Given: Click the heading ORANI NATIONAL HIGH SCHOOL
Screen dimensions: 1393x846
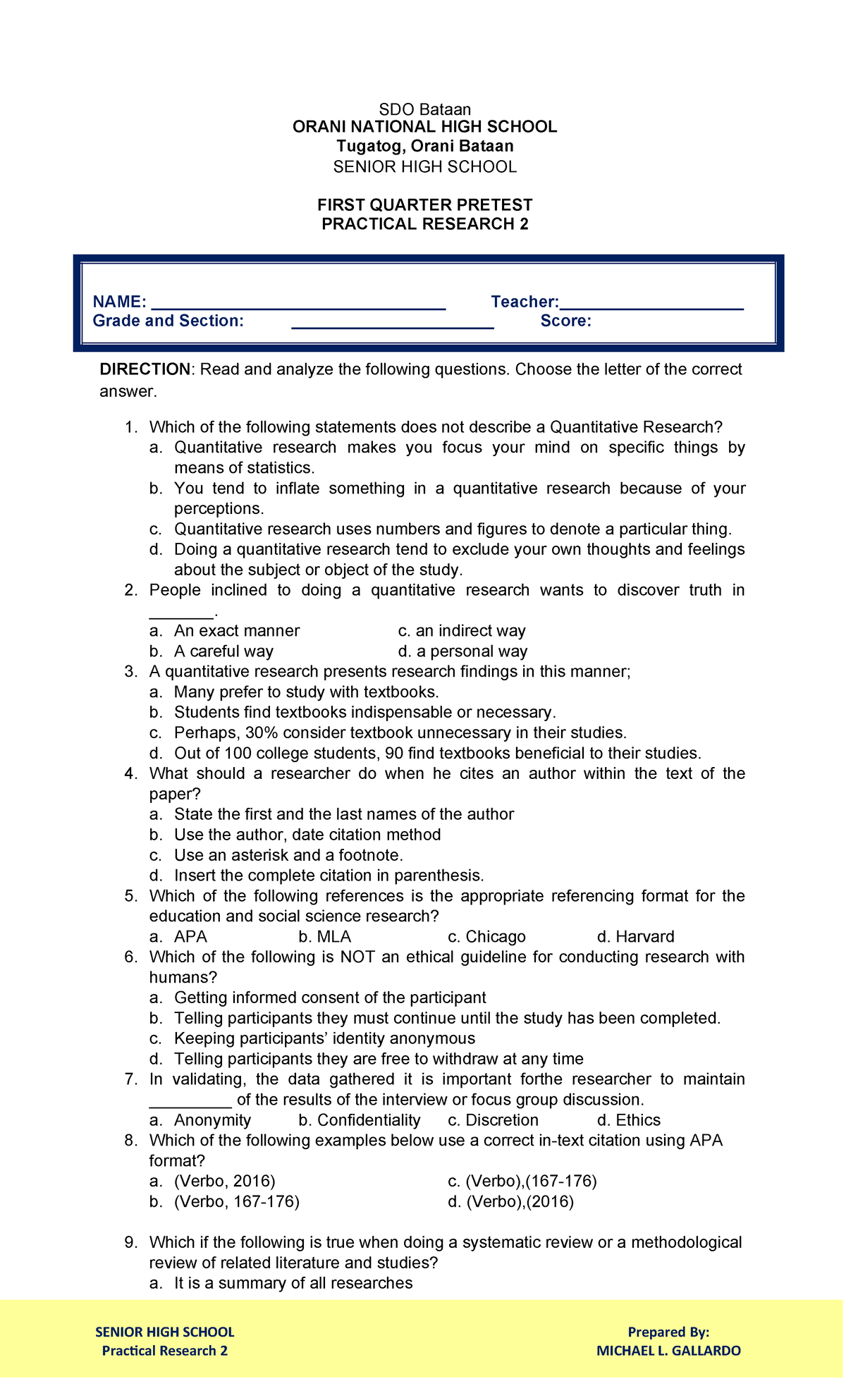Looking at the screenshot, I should [x=424, y=127].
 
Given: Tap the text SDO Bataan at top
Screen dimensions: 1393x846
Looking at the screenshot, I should [x=424, y=109].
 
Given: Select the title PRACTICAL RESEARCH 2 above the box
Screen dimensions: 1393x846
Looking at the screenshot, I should [x=424, y=224].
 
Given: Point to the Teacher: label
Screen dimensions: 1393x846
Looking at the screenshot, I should [x=525, y=302].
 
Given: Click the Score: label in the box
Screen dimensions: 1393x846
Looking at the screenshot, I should [x=565, y=321].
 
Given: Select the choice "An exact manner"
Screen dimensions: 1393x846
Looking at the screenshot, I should [x=236, y=631].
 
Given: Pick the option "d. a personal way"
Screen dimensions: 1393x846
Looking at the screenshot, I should [x=462, y=651].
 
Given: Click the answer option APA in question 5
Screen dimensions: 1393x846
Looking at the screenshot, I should [x=190, y=937].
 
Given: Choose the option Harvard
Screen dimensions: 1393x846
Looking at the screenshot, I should [x=644, y=937].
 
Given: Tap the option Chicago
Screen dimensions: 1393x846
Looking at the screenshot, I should [x=495, y=937].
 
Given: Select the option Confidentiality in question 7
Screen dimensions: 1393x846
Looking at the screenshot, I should [x=368, y=1121].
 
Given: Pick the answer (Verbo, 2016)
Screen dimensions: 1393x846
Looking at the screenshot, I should [x=224, y=1182].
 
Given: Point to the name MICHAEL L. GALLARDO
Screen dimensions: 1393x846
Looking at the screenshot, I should [x=668, y=1351].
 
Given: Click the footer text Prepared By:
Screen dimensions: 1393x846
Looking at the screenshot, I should [x=668, y=1332].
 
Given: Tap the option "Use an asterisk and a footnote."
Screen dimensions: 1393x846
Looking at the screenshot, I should [x=288, y=856].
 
